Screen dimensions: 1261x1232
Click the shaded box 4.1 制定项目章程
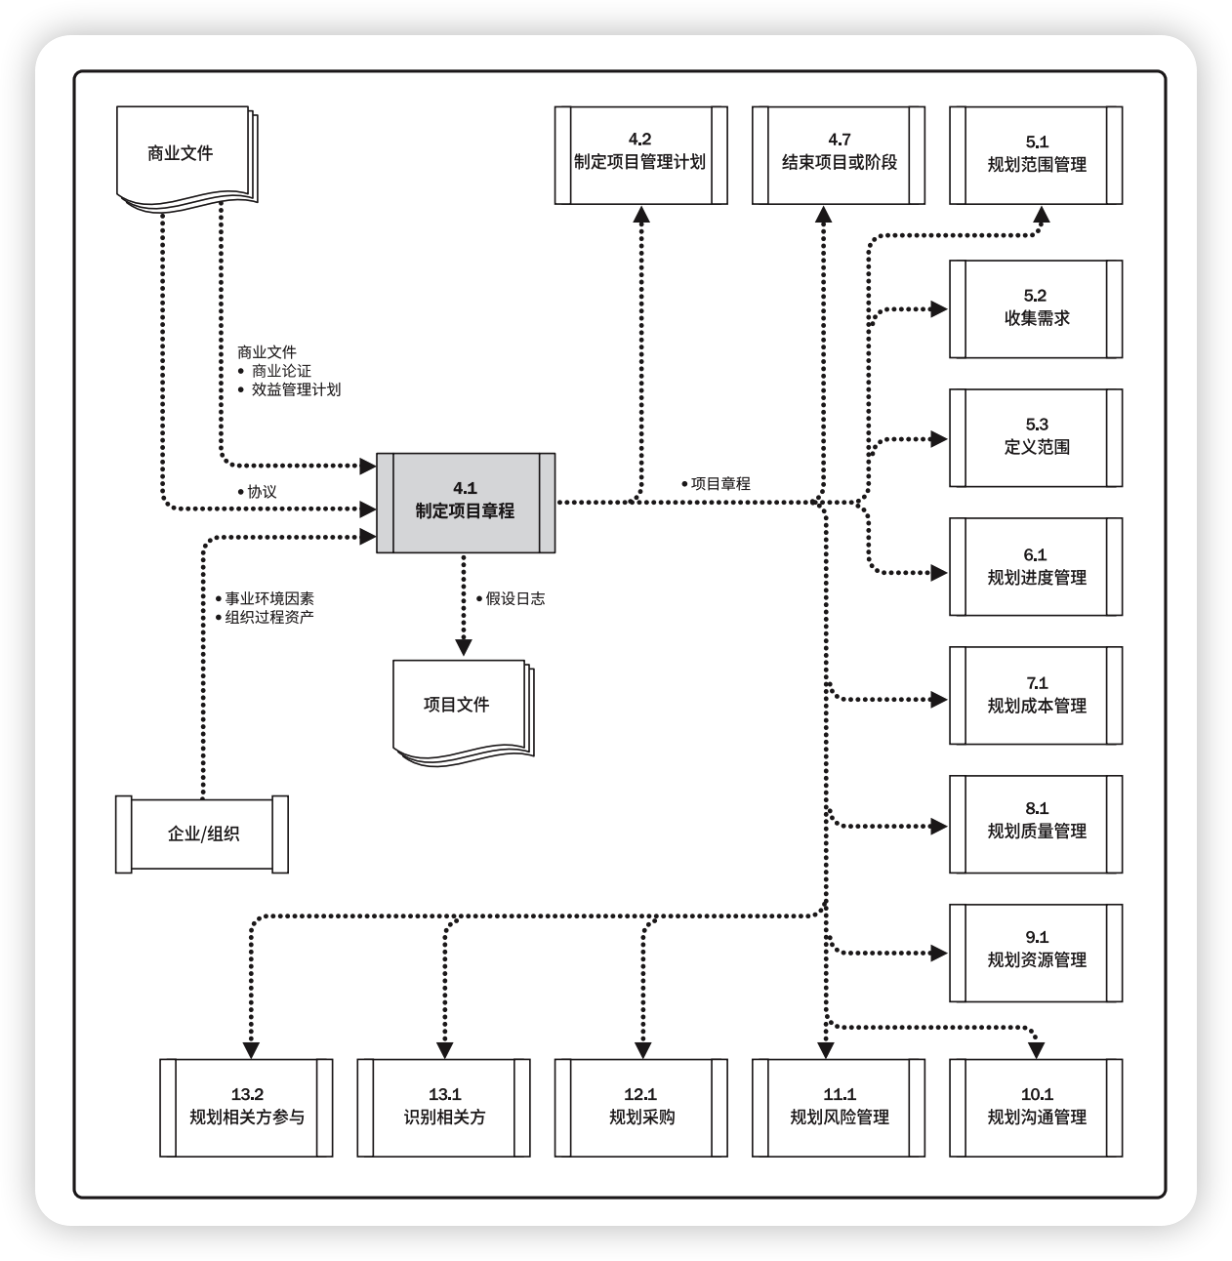(465, 503)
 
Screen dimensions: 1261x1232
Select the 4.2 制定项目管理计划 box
(640, 155)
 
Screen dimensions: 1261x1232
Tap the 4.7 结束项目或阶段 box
(839, 155)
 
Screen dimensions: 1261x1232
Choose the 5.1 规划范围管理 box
(1036, 155)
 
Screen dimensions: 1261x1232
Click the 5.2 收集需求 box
(1036, 308)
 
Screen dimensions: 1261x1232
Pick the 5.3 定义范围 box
(1036, 437)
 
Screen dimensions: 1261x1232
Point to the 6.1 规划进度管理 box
(1036, 566)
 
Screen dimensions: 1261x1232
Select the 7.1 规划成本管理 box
(1036, 695)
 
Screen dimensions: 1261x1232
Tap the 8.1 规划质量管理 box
(1036, 824)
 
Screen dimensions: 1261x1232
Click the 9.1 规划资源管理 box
(1036, 953)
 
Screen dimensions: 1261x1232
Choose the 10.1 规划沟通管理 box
(1036, 1108)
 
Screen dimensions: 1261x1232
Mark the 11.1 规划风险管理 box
(839, 1108)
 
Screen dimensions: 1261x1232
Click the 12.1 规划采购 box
(640, 1108)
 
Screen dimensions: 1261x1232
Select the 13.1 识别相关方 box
(443, 1108)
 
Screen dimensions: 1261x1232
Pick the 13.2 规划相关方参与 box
(246, 1108)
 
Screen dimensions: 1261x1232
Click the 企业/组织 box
(202, 834)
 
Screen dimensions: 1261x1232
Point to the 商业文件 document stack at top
(183, 153)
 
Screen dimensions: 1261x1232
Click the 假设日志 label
(514, 599)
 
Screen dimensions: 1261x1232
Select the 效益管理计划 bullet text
(296, 389)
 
